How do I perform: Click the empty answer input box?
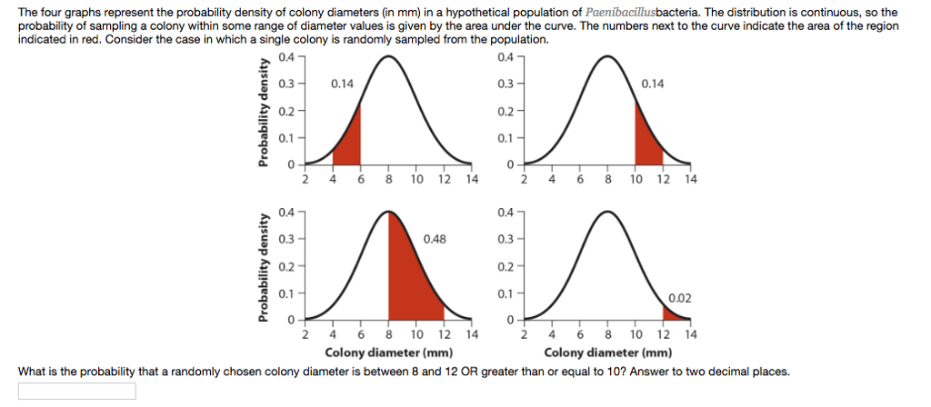[77, 391]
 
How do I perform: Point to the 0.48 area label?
[435, 239]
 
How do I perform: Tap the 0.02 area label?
[679, 297]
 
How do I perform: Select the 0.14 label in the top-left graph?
[343, 84]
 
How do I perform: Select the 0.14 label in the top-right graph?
[652, 84]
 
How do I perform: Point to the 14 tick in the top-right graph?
[690, 179]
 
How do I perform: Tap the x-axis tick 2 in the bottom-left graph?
[305, 334]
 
